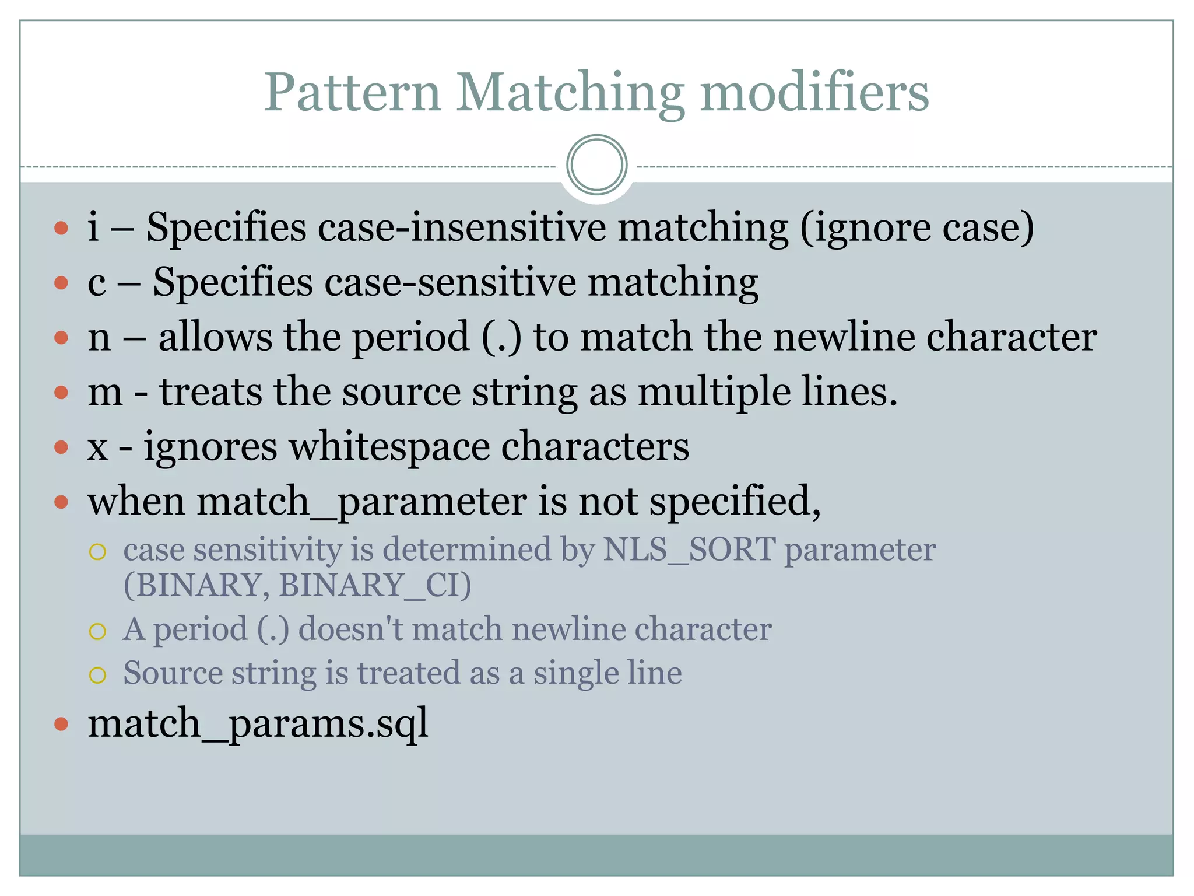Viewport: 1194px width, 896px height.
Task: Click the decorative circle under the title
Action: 596,165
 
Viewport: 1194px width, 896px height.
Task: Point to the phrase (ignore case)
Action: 916,227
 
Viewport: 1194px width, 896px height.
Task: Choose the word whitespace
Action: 389,447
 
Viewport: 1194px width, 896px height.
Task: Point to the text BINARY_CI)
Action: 375,585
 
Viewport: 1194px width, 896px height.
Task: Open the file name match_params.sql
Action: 258,723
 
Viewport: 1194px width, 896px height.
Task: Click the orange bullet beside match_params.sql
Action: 61,724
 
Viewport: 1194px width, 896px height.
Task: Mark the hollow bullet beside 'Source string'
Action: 97,675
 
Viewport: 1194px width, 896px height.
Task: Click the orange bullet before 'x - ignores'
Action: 61,447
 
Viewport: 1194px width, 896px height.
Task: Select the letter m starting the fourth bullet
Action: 105,392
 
